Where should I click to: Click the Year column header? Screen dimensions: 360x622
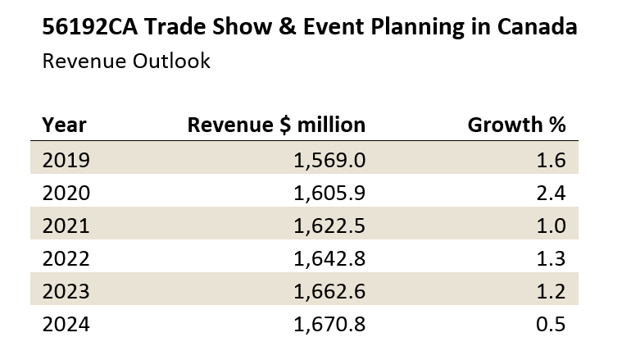pyautogui.click(x=64, y=125)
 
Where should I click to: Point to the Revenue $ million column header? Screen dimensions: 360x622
pyautogui.click(x=276, y=125)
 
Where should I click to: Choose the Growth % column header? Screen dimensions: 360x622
pyautogui.click(x=516, y=125)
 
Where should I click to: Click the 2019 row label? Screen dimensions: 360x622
pyautogui.click(x=66, y=159)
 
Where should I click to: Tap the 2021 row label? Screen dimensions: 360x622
pyautogui.click(x=66, y=225)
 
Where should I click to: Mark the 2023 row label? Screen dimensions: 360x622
pyautogui.click(x=66, y=290)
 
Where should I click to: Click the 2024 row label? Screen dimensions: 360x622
pyautogui.click(x=66, y=324)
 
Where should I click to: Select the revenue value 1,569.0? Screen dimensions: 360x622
pyautogui.click(x=329, y=159)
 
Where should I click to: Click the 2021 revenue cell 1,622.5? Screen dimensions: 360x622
pyautogui.click(x=329, y=225)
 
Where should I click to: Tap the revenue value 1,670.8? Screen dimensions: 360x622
pyautogui.click(x=329, y=324)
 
